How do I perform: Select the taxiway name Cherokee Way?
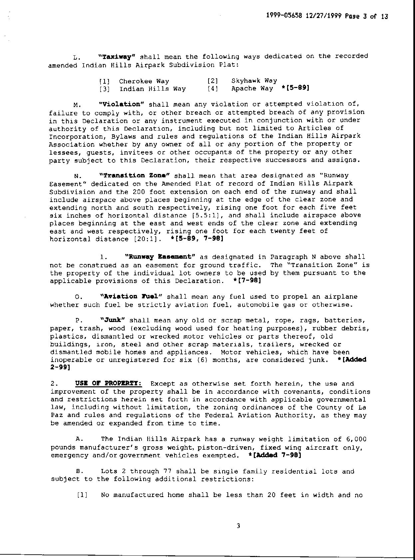coord(144,81)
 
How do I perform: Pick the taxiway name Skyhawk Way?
coord(254,81)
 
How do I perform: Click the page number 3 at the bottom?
coord(238,526)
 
